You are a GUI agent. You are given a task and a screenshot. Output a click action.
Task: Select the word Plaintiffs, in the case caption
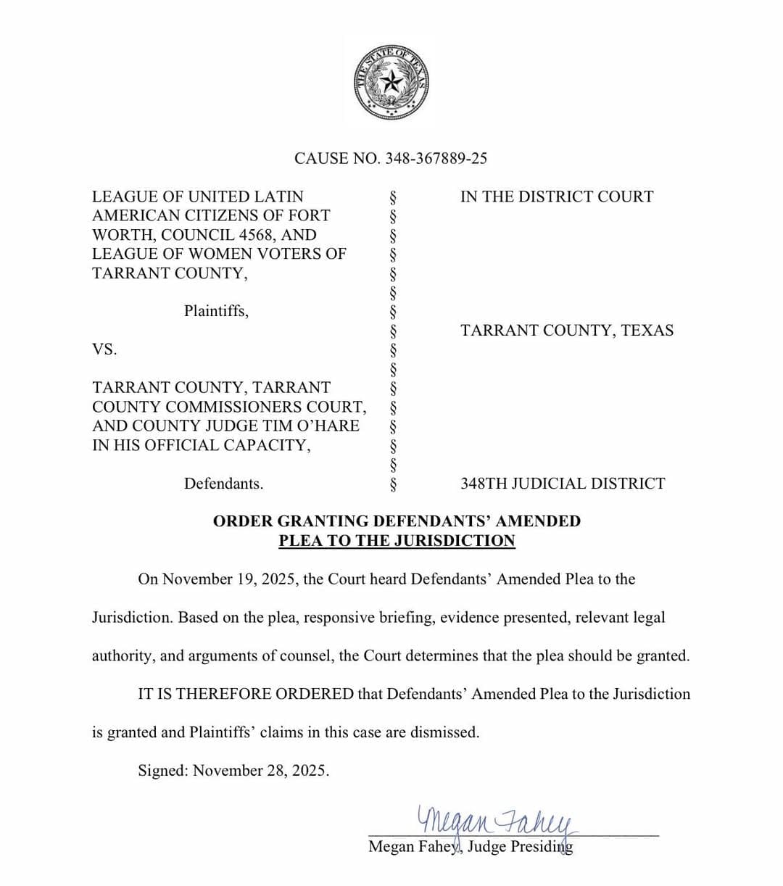click(x=216, y=311)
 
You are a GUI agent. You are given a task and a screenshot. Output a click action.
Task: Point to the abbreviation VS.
click(x=104, y=349)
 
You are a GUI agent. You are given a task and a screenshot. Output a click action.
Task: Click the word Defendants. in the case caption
click(x=223, y=484)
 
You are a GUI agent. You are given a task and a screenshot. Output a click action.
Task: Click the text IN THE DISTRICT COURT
click(x=556, y=196)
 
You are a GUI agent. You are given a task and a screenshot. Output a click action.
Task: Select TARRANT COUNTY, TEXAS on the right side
click(x=566, y=331)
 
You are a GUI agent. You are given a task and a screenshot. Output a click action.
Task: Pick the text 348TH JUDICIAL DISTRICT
click(x=562, y=484)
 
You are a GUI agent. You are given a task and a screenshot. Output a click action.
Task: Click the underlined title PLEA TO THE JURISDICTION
click(x=397, y=541)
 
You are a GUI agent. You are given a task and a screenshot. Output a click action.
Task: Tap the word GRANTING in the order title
click(x=323, y=521)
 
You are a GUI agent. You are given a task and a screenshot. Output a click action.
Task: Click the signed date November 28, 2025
click(x=261, y=771)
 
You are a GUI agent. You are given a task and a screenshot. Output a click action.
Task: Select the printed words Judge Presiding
click(x=520, y=847)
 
